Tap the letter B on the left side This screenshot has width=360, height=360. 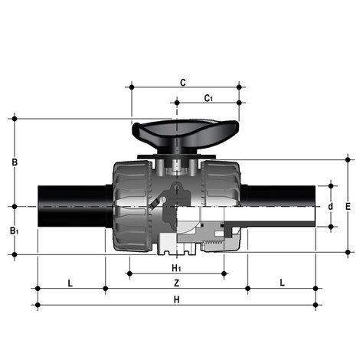click(x=14, y=162)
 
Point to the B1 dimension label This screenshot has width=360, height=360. click(x=15, y=231)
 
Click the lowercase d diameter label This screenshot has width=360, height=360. click(x=330, y=207)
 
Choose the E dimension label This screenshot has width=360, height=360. click(x=348, y=207)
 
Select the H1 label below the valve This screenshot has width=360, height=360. click(x=176, y=267)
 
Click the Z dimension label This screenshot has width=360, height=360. click(x=176, y=283)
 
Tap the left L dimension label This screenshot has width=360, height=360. click(x=70, y=283)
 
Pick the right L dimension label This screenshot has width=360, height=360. click(x=282, y=283)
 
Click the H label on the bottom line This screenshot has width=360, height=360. click(x=176, y=299)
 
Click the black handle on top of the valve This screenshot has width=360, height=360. click(x=177, y=133)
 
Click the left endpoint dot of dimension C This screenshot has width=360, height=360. click(x=133, y=87)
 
